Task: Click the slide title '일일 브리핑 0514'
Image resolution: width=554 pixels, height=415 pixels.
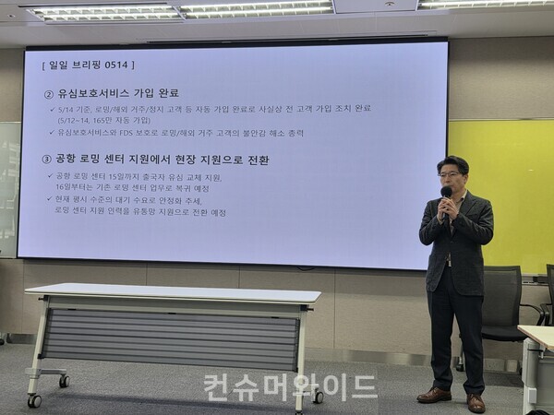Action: click(x=89, y=65)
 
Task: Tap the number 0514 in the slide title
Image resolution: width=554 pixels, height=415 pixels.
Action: click(x=119, y=65)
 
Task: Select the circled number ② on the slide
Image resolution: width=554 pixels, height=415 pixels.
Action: click(x=48, y=93)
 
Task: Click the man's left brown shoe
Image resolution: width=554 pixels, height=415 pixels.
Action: click(x=433, y=395)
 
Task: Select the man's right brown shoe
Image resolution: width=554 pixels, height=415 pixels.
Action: click(x=476, y=402)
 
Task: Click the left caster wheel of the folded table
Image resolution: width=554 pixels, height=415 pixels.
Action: click(x=34, y=400)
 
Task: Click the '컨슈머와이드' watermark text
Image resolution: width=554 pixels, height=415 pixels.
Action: click(x=290, y=385)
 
